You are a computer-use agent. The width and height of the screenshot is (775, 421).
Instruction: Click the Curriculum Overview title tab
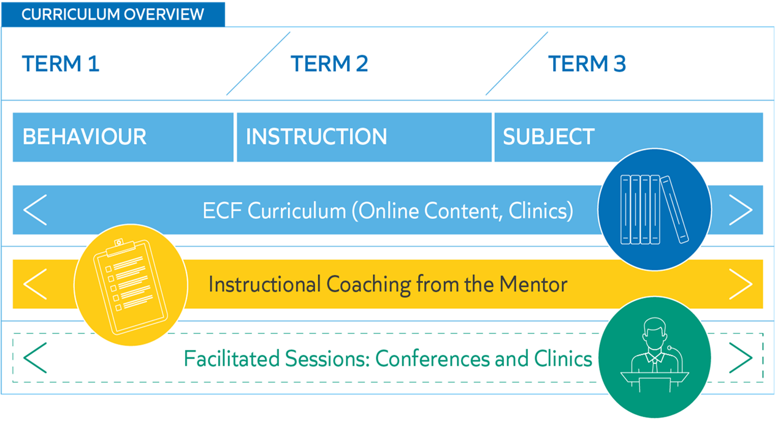[x=113, y=14]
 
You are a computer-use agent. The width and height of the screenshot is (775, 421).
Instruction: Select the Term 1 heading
[x=61, y=64]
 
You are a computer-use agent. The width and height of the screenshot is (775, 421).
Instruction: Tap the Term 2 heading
[x=329, y=64]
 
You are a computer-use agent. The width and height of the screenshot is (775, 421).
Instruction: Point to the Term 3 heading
[x=587, y=64]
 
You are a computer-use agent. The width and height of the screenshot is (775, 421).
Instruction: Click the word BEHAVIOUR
[x=85, y=136]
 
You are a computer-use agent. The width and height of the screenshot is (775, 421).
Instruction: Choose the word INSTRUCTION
[x=316, y=136]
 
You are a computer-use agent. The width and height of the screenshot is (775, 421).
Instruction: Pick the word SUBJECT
[x=548, y=136]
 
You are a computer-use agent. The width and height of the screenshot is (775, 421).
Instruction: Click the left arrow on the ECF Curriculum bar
[x=35, y=210]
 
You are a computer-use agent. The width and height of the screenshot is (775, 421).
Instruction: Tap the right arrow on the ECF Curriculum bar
[x=741, y=210]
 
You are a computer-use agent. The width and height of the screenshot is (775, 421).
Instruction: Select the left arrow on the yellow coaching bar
[x=35, y=284]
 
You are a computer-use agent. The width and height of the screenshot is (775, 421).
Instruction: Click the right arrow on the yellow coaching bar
[x=741, y=284]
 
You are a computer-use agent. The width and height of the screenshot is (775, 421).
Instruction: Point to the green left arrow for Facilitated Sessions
[x=35, y=358]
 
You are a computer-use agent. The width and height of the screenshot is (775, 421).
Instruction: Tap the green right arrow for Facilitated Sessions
[x=741, y=358]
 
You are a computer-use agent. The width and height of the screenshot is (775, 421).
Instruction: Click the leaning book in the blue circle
[x=674, y=210]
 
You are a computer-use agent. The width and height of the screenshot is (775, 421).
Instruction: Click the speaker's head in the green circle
[x=655, y=333]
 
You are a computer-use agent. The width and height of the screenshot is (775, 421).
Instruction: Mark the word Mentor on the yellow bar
[x=533, y=284]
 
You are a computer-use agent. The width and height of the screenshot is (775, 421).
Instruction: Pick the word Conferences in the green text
[x=432, y=358]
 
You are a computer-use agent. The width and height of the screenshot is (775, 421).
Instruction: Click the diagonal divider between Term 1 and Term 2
[x=258, y=64]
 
